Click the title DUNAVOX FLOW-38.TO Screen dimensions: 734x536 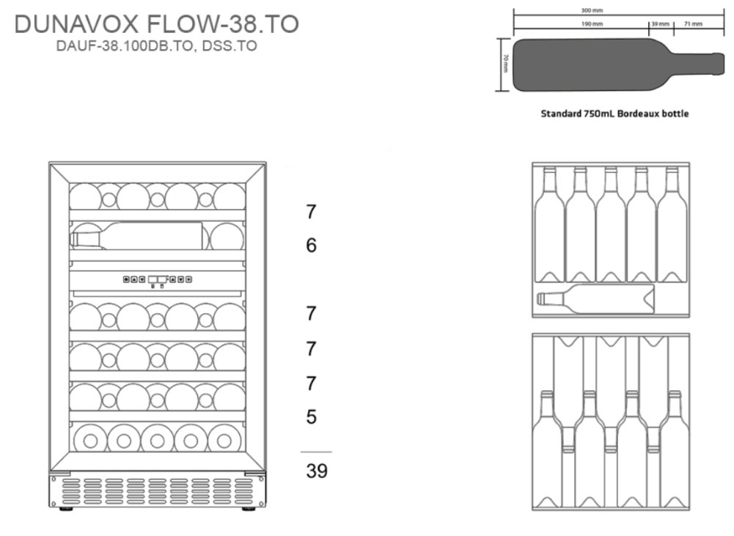[156, 24]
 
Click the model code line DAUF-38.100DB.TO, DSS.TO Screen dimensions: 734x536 [156, 46]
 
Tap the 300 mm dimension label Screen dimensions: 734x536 [592, 10]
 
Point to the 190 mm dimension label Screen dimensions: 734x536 [592, 24]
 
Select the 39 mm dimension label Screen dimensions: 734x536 [661, 24]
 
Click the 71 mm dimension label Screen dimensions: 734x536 [693, 24]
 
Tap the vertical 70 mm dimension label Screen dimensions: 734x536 [505, 63]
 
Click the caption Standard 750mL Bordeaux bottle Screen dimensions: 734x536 [614, 113]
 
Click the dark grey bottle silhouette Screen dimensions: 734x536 [618, 65]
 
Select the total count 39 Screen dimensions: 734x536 [317, 471]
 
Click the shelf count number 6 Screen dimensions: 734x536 [312, 246]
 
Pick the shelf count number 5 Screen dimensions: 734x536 [312, 416]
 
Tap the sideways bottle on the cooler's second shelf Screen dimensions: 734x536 [137, 235]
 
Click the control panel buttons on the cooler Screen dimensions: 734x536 [157, 279]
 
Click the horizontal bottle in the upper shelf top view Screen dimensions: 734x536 [595, 298]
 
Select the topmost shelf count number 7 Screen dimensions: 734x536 [312, 212]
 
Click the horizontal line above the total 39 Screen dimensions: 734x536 [316, 452]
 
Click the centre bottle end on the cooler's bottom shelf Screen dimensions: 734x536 [157, 441]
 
